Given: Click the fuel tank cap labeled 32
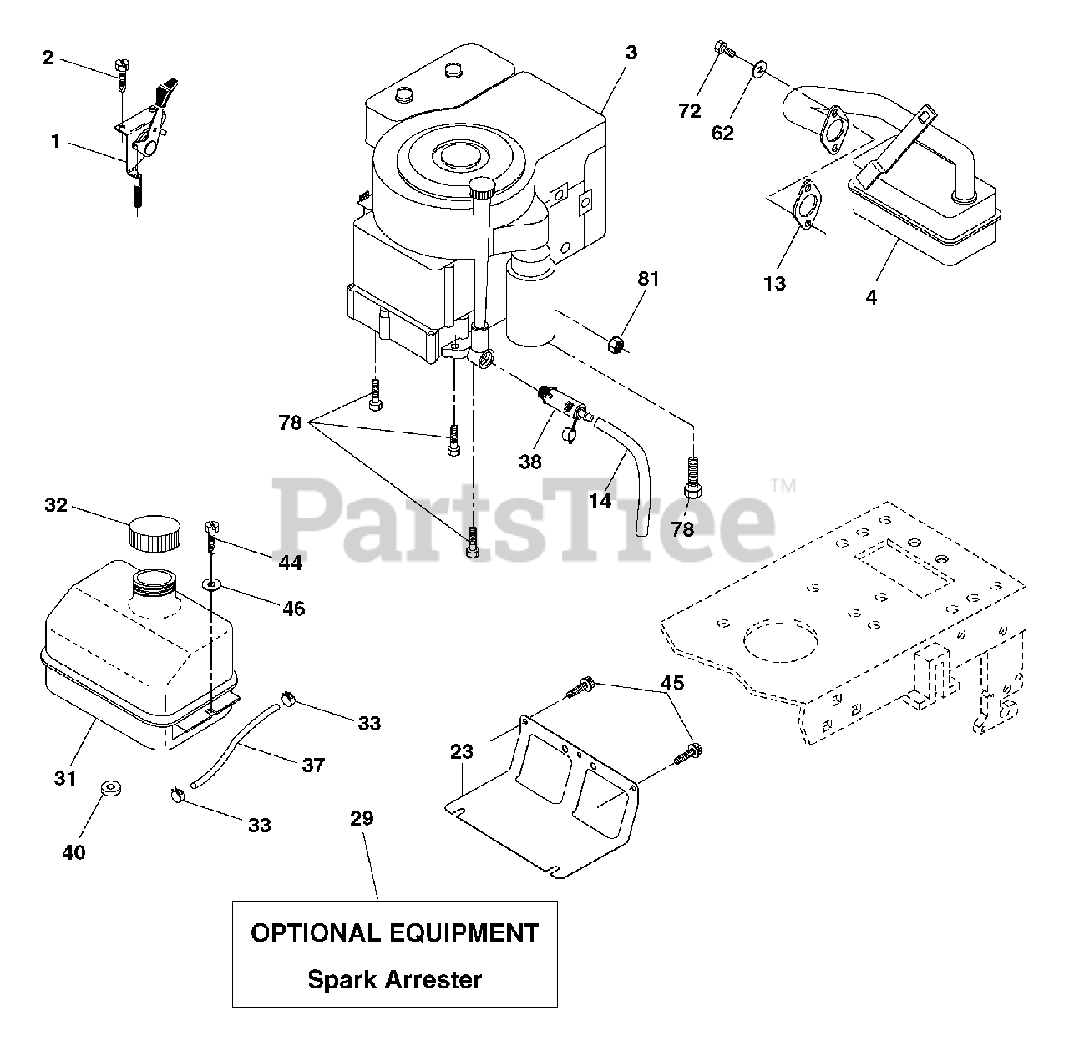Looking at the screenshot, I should (155, 532).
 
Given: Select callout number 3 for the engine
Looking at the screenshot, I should (631, 53).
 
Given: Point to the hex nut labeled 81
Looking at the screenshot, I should (618, 342).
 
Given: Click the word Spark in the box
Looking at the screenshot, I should (343, 979).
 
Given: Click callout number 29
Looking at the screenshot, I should (362, 818).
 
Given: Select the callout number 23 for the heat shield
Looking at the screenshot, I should (461, 752).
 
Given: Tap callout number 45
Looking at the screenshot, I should (672, 684).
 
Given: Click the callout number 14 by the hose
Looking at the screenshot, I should (600, 501).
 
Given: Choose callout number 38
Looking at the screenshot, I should (530, 462).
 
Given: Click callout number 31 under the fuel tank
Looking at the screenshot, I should (65, 778).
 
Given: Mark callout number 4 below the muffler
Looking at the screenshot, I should (872, 297).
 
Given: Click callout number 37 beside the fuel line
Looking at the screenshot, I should (313, 765).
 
